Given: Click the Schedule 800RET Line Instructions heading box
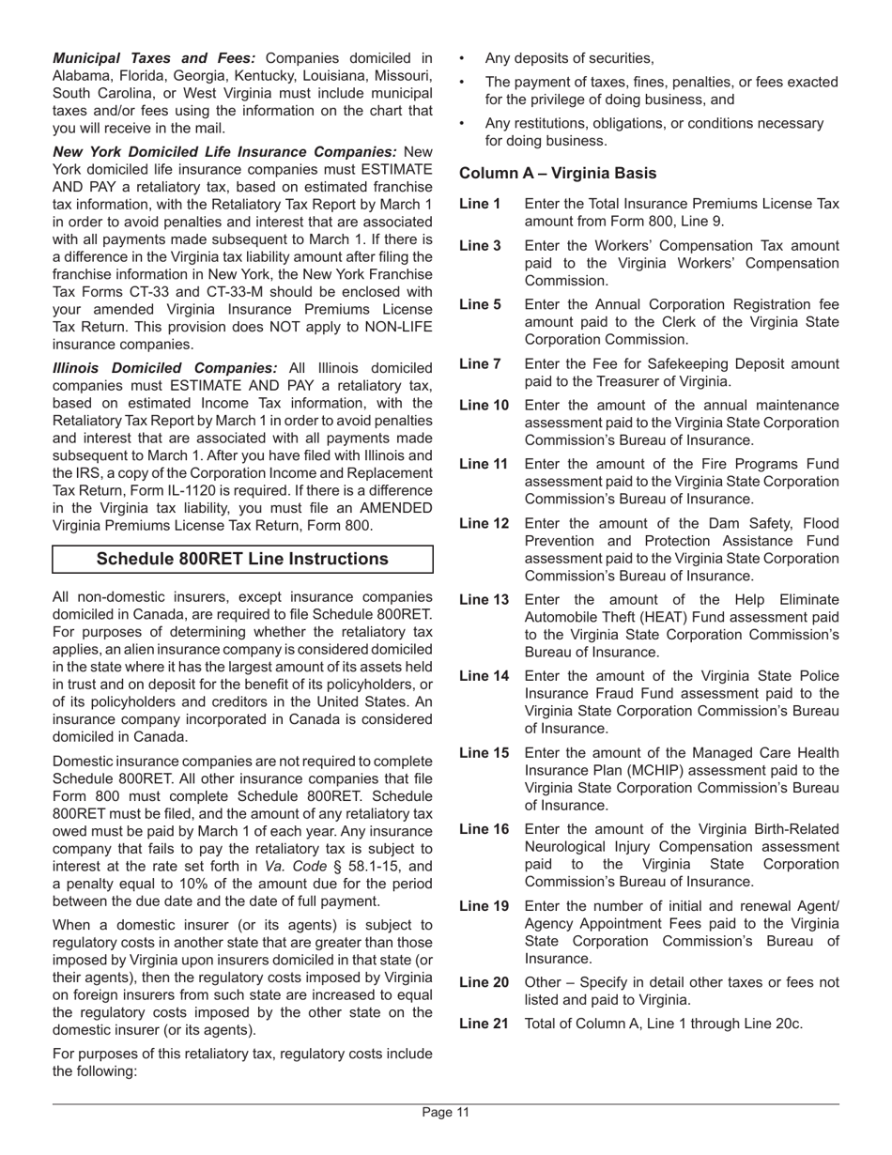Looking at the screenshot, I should [242, 560].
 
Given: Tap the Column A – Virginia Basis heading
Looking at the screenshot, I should [558, 174].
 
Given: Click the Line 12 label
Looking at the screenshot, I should [484, 523].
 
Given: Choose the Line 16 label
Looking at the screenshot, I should [484, 829].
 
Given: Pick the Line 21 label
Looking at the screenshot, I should [484, 1024].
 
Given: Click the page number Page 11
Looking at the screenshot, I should [445, 1113].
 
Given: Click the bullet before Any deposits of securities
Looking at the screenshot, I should [462, 58].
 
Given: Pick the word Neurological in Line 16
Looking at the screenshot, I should [567, 847].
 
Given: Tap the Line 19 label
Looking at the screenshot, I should [484, 906].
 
